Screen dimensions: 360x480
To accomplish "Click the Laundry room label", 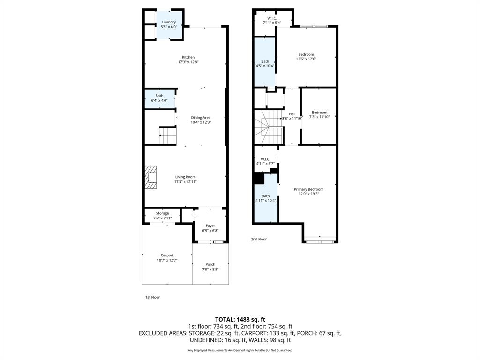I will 169,22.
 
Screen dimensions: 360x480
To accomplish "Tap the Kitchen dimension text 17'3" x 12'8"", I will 188,62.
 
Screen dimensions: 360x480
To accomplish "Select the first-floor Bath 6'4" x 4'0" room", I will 159,98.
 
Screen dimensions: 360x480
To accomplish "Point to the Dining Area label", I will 201,118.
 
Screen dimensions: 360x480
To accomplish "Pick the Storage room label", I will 163,213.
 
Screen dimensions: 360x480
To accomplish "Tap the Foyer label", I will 210,226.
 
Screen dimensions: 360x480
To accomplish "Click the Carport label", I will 167,255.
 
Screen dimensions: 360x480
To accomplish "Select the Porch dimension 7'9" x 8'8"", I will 210,270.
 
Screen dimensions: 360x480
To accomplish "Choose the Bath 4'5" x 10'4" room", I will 265,63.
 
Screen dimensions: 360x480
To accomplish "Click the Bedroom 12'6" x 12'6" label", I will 306,54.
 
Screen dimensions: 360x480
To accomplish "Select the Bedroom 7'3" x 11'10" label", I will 319,112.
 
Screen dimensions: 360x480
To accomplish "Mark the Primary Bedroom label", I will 308,189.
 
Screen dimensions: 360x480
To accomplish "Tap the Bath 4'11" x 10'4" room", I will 266,198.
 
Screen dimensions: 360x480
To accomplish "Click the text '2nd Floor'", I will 259,239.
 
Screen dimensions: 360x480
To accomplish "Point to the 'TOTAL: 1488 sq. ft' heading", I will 240,319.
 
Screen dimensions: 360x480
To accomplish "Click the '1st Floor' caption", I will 152,297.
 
